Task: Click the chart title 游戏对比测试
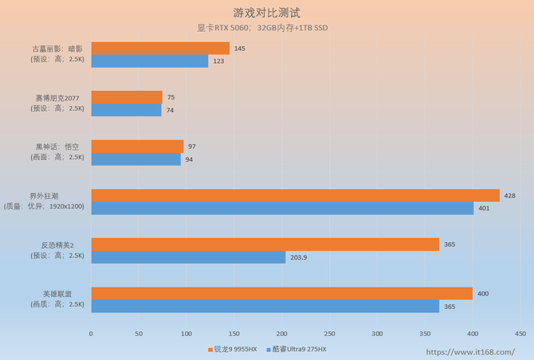[x=266, y=13]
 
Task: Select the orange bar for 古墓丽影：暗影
[x=160, y=49]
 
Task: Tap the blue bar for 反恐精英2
[x=188, y=257]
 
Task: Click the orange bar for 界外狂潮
[x=295, y=195]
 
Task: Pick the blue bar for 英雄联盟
[x=265, y=306]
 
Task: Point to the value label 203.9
[x=300, y=257]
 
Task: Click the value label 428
[x=510, y=195]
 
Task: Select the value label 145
[x=240, y=49]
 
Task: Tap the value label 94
[x=190, y=159]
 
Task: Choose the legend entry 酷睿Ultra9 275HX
[x=299, y=349]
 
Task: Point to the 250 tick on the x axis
[x=330, y=333]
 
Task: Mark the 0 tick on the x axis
[x=91, y=333]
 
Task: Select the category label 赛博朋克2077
[x=57, y=98]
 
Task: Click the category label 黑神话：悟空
[x=57, y=147]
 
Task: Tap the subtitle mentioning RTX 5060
[x=262, y=28]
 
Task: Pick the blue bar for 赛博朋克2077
[x=126, y=111]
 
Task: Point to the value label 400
[x=483, y=294]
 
